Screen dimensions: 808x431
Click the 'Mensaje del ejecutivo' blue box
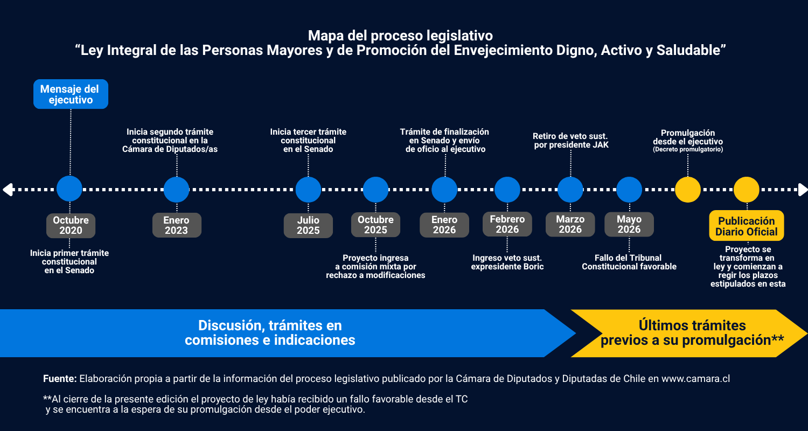point(71,94)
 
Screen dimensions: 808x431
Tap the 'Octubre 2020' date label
point(71,225)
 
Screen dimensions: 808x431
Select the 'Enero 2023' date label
point(177,225)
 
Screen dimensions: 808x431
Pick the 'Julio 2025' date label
point(308,225)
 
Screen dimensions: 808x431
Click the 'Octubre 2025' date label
point(375,225)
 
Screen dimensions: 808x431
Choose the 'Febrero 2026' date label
point(507,224)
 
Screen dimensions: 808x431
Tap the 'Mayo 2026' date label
point(629,224)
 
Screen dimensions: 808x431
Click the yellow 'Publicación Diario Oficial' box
point(746,226)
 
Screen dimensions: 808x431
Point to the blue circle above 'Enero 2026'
point(444,190)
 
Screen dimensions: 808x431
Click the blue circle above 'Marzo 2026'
point(570,190)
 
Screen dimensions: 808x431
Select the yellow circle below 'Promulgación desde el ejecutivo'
point(688,190)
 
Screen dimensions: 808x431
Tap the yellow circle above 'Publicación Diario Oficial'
point(746,190)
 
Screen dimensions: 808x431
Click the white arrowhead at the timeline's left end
point(8,190)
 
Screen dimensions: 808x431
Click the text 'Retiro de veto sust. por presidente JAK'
point(570,141)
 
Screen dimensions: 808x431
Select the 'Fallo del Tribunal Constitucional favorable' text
point(629,262)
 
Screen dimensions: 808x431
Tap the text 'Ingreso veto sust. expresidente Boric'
point(507,262)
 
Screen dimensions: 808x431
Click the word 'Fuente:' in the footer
point(60,379)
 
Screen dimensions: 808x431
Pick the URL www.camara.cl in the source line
point(695,379)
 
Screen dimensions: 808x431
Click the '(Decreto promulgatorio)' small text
point(688,149)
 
